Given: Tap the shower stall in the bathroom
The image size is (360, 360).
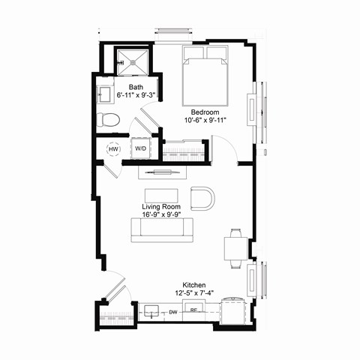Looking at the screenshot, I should coord(133,61).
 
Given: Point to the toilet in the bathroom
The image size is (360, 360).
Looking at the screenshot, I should coord(108,118).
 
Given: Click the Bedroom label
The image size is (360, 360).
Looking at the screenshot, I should coord(204,112).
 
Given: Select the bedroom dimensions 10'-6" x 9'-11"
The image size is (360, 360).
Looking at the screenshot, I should coord(204,121).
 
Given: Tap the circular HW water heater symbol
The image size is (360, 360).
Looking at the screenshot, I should coord(114,148).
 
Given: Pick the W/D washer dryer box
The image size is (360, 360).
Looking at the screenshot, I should coord(141,148).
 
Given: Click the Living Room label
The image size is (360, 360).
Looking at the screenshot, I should coord(162,205).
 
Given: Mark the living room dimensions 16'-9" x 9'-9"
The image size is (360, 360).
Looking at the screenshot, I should coord(162,214).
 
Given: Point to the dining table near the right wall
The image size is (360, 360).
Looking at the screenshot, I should coord(235,247).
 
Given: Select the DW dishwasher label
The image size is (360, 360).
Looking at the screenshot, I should coord(173,311).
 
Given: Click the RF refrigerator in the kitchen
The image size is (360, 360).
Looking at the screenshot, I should coord(193,310).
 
